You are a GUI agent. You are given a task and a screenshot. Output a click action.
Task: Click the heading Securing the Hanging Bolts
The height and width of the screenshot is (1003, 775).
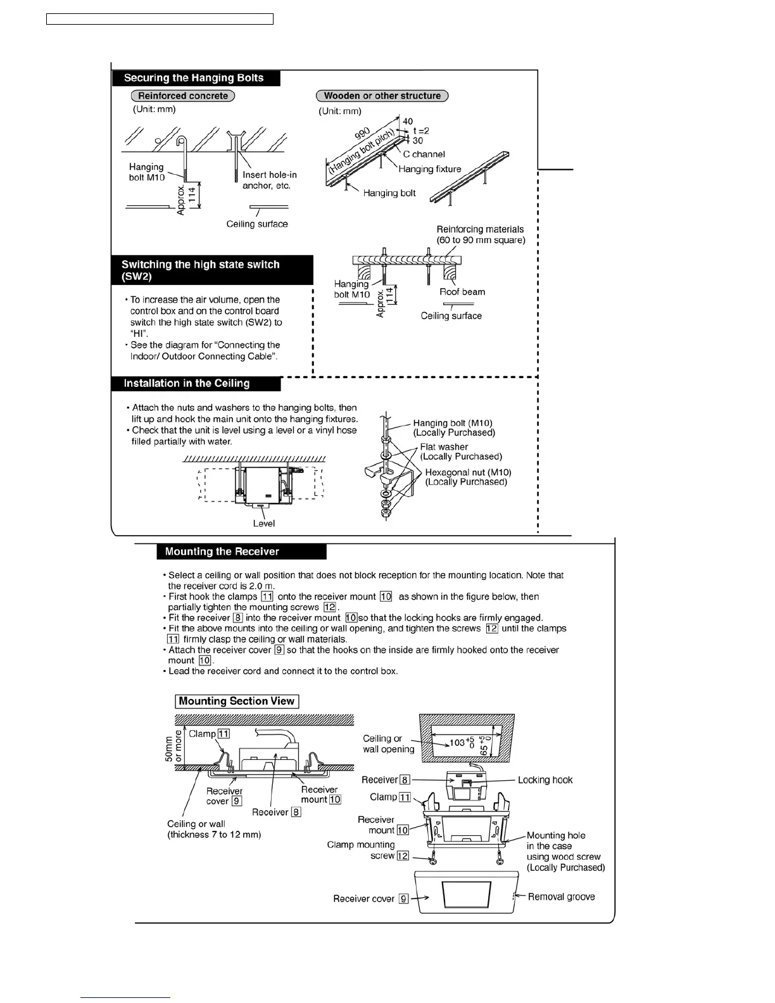click(x=194, y=79)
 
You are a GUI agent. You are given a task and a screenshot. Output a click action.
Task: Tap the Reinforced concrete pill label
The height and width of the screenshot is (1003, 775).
click(x=183, y=96)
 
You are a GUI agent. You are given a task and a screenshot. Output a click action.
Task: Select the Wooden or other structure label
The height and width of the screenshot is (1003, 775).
click(x=382, y=96)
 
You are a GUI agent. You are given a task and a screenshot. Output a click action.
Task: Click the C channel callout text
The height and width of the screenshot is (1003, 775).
click(x=424, y=155)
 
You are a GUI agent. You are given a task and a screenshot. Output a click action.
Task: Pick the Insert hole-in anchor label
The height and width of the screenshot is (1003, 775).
click(x=269, y=180)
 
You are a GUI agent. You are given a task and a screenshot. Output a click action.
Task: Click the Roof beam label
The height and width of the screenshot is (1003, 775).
click(x=462, y=292)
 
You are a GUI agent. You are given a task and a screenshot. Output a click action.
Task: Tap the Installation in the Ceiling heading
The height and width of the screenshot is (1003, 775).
click(x=187, y=384)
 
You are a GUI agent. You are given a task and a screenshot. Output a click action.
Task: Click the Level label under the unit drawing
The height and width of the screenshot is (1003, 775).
click(x=264, y=524)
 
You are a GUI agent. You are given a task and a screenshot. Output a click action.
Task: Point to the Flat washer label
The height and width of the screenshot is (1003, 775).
click(x=444, y=447)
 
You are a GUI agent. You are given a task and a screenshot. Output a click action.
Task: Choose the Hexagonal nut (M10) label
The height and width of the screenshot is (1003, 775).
click(x=468, y=472)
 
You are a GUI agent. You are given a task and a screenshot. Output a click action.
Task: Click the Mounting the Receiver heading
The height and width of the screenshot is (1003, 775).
click(x=222, y=552)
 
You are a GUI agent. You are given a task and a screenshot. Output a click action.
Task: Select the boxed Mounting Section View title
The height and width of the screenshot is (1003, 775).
click(x=237, y=702)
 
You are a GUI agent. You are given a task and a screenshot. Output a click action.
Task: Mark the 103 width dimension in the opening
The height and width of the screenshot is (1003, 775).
click(x=457, y=742)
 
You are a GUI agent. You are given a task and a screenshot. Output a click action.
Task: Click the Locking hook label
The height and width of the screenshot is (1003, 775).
click(x=545, y=780)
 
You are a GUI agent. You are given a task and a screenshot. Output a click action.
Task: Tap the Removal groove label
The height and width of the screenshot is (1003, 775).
click(x=561, y=897)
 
